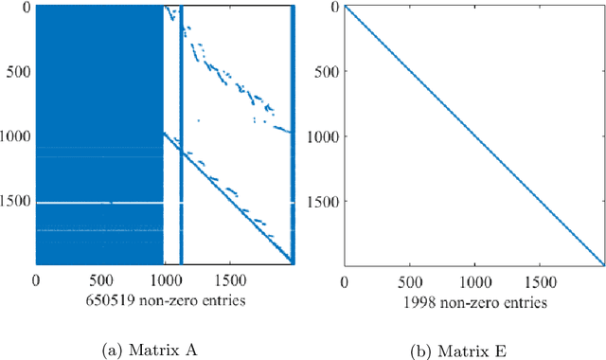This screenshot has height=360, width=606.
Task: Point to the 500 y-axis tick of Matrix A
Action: [x=18, y=72]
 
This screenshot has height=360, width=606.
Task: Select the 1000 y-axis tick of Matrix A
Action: [x=14, y=136]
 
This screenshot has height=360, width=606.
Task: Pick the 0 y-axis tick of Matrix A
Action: [x=25, y=8]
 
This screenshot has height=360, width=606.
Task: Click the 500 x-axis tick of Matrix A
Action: [x=100, y=281]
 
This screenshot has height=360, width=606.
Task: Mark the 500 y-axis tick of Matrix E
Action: [x=327, y=72]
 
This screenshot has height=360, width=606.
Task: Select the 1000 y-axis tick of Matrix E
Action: [x=323, y=136]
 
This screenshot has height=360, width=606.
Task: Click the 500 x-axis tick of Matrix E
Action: [x=409, y=281]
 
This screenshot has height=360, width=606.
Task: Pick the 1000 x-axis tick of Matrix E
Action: [x=473, y=281]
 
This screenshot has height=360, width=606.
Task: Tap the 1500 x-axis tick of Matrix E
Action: [x=538, y=281]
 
